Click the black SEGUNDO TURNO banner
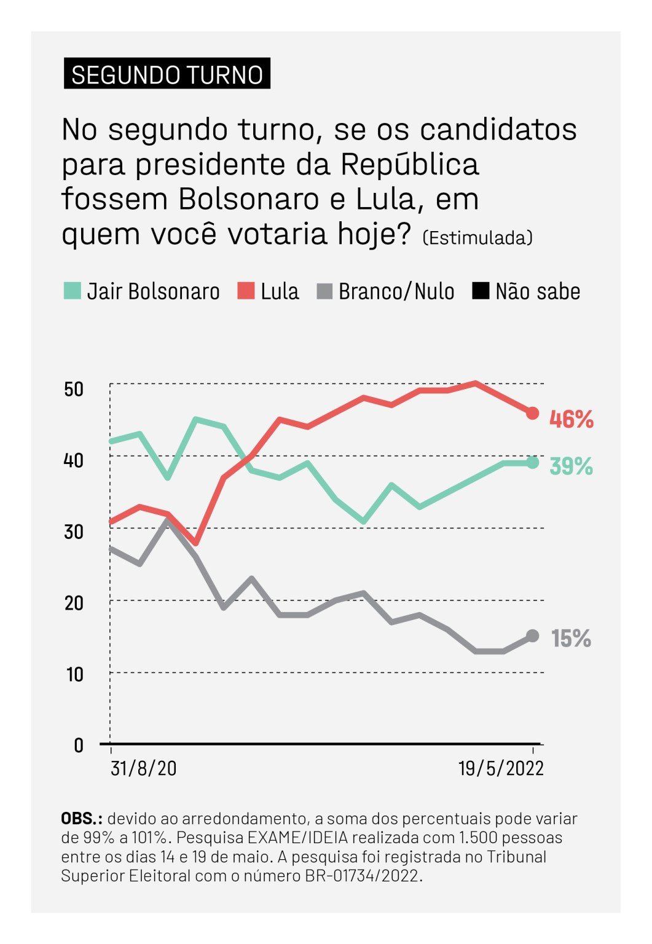coord(167,74)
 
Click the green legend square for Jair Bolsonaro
coord(73,291)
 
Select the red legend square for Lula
coord(246,291)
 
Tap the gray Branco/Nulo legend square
coord(324,291)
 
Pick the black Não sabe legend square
coord(481,291)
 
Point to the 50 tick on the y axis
coord(74,389)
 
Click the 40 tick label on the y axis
coord(74,460)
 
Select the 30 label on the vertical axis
coord(74,532)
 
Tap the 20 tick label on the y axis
coord(74,603)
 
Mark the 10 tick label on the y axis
coord(74,674)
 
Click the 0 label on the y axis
coord(78,745)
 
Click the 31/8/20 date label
coord(144,768)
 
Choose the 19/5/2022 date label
coord(501,768)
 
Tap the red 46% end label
coord(571,420)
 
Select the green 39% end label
coord(571,466)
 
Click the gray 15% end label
coord(571,639)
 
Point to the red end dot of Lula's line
coord(533,413)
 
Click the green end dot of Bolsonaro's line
coord(533,463)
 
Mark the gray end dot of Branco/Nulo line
coord(533,636)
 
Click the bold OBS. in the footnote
coord(81,819)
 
